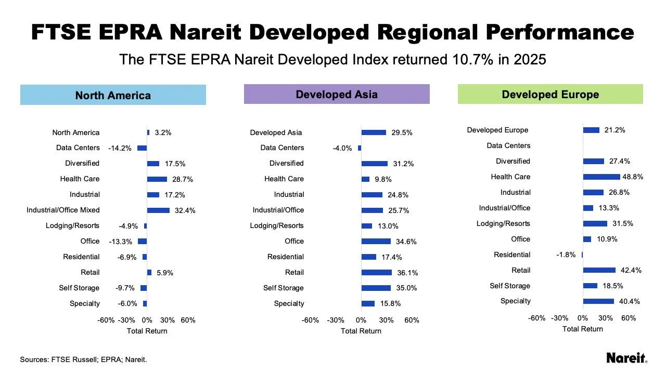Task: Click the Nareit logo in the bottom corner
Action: pyautogui.click(x=627, y=358)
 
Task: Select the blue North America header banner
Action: pyautogui.click(x=113, y=95)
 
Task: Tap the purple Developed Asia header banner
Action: pyautogui.click(x=337, y=95)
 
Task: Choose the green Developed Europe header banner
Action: pyautogui.click(x=550, y=95)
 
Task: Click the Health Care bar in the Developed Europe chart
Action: pyautogui.click(x=601, y=177)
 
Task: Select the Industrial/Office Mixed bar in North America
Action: pyautogui.click(x=158, y=210)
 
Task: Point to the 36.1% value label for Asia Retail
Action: pyautogui.click(x=407, y=273)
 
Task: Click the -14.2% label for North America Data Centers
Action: pyautogui.click(x=120, y=148)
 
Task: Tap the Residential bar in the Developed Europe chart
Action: pyautogui.click(x=582, y=255)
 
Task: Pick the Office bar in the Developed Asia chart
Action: pyautogui.click(x=376, y=242)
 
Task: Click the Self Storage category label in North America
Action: pyautogui.click(x=79, y=288)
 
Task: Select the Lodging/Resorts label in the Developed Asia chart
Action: pyautogui.click(x=277, y=225)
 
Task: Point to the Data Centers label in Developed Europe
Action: pyautogui.click(x=508, y=145)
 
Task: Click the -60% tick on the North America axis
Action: pyautogui.click(x=106, y=320)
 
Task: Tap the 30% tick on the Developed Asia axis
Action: pyautogui.click(x=386, y=320)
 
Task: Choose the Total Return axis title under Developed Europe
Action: pyautogui.click(x=582, y=329)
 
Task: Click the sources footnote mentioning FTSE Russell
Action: pyautogui.click(x=83, y=359)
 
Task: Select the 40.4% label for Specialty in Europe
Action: pyautogui.click(x=629, y=301)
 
